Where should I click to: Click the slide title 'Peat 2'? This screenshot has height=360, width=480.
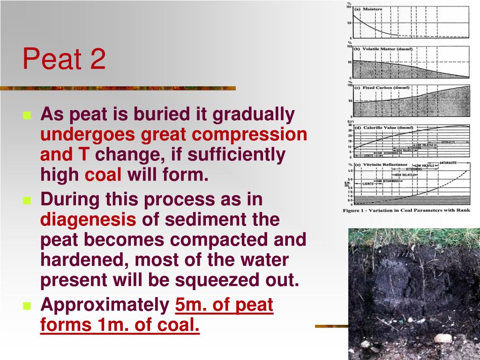(x=64, y=60)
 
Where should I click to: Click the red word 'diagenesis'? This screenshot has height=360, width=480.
(x=89, y=219)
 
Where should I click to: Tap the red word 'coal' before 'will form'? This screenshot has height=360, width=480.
(x=103, y=175)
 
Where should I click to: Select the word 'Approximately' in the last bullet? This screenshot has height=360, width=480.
(x=105, y=305)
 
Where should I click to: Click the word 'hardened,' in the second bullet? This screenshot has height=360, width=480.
(x=78, y=260)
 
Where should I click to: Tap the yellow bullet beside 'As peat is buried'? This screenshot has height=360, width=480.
(x=27, y=115)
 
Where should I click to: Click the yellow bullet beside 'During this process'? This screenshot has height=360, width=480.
(x=27, y=201)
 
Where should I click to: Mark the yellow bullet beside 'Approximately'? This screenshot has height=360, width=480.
(x=27, y=307)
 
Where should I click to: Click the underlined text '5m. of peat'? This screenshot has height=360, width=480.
(x=224, y=305)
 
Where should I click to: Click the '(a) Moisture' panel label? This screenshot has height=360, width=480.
(x=368, y=9)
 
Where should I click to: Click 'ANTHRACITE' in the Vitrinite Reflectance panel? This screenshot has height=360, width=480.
(x=449, y=163)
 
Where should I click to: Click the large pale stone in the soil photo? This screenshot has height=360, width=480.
(x=442, y=338)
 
